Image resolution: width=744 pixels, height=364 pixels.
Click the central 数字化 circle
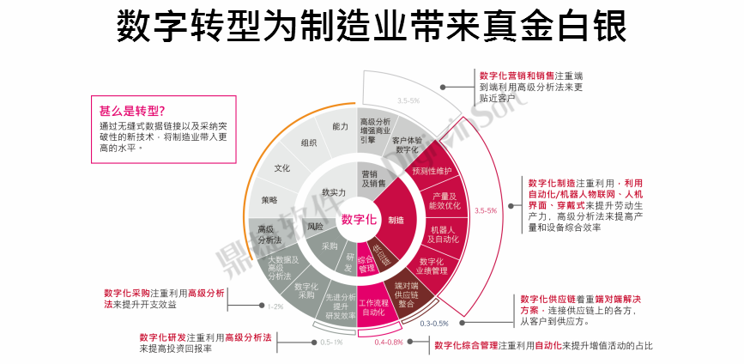(x=359, y=219)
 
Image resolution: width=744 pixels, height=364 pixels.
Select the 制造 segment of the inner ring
(x=396, y=221)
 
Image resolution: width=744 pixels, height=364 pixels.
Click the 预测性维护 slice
(x=431, y=171)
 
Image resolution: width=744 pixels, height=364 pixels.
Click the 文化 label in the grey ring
(x=282, y=168)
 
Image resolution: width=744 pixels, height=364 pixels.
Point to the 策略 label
(x=269, y=200)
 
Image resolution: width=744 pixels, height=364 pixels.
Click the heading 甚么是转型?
(x=132, y=110)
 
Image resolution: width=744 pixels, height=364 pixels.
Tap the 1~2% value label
(x=275, y=306)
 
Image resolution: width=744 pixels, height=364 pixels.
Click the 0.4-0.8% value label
(x=389, y=343)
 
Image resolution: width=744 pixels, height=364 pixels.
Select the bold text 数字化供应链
(x=547, y=298)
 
